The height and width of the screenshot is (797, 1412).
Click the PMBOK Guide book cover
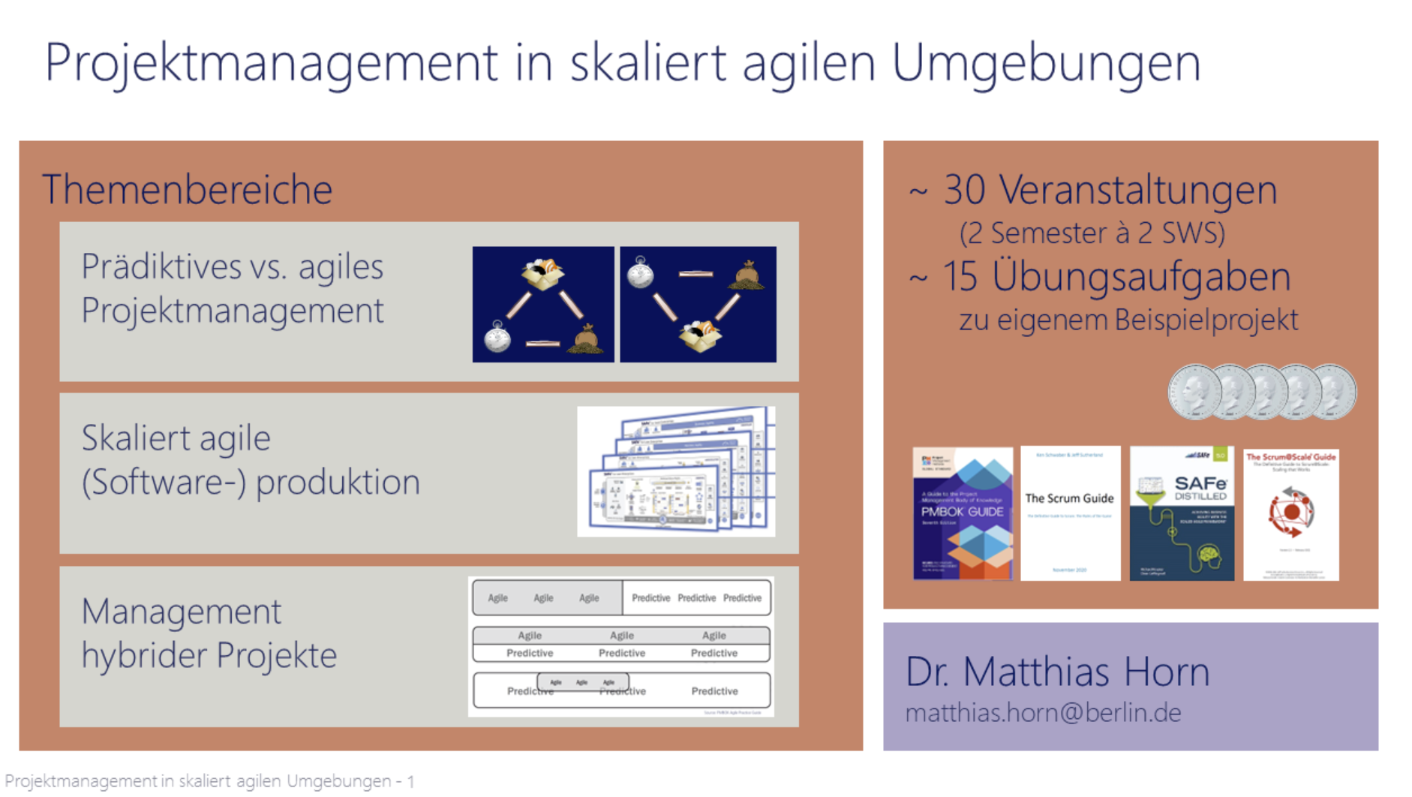click(x=963, y=513)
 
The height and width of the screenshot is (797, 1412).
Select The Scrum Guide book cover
click(x=1070, y=513)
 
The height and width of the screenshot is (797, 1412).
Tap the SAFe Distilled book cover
click(x=1182, y=513)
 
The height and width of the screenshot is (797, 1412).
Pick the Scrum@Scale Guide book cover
click(x=1290, y=515)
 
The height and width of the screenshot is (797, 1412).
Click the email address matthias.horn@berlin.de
click(x=1043, y=712)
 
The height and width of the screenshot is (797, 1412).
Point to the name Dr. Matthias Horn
click(x=1057, y=671)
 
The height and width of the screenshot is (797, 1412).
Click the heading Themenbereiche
click(x=187, y=189)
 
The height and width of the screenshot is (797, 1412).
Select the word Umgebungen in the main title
click(x=1046, y=63)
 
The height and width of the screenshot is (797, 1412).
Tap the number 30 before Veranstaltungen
click(x=964, y=190)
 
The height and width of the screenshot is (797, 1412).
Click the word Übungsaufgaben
click(x=1140, y=276)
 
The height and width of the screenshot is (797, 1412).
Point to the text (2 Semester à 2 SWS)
click(x=1092, y=233)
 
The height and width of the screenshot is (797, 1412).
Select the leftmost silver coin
click(x=1193, y=391)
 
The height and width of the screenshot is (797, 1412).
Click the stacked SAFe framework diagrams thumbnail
click(x=676, y=471)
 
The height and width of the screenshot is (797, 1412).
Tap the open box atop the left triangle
click(x=542, y=274)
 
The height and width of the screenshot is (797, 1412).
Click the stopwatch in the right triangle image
click(x=640, y=272)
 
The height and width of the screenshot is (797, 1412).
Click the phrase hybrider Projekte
click(x=209, y=655)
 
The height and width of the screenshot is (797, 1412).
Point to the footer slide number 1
click(x=410, y=781)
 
